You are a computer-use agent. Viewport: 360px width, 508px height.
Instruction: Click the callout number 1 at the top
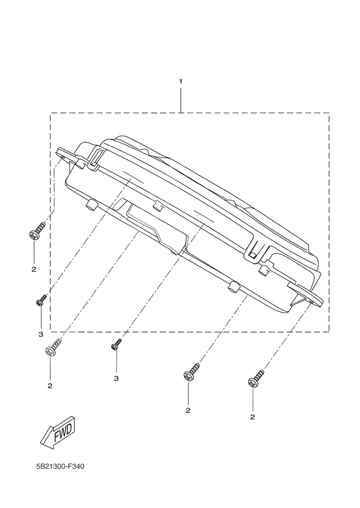[x=181, y=81]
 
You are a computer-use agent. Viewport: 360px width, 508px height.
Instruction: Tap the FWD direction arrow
[x=59, y=433]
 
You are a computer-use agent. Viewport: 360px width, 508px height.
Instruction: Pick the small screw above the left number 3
[x=42, y=300]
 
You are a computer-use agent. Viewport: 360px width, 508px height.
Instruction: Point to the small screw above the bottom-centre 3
[x=116, y=344]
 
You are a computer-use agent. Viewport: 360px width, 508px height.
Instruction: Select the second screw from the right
[x=192, y=372]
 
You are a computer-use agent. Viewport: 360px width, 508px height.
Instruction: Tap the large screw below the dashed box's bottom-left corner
[x=52, y=347]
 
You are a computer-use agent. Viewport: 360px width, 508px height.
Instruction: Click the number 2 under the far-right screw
[x=253, y=417]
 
